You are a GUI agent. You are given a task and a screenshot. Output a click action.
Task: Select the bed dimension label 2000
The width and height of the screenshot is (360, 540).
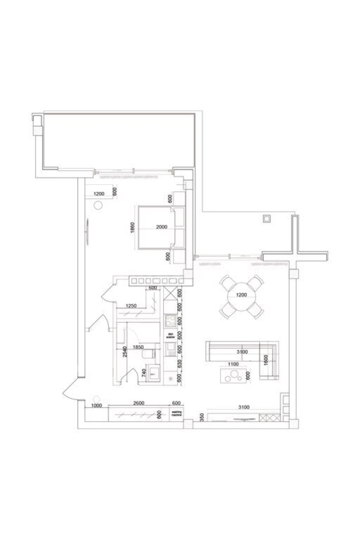[162, 227]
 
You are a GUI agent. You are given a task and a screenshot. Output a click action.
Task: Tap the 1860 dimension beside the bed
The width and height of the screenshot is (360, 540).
[133, 228]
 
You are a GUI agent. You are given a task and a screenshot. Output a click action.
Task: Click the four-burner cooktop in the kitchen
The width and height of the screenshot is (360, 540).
[170, 321]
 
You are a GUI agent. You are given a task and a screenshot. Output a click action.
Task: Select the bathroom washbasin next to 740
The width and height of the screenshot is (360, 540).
[154, 373]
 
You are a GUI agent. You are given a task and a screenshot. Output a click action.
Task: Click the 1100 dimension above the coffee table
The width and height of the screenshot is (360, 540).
[233, 364]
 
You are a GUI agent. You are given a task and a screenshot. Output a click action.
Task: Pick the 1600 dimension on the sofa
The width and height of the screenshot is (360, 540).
[265, 359]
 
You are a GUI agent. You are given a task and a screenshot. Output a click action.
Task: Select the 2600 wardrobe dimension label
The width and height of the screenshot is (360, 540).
[139, 403]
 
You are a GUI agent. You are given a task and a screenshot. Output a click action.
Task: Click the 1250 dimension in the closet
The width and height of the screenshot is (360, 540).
[131, 306]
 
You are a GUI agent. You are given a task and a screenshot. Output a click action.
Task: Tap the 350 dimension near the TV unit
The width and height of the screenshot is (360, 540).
[201, 416]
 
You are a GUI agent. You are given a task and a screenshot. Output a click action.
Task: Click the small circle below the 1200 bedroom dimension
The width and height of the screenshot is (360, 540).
[98, 205]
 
